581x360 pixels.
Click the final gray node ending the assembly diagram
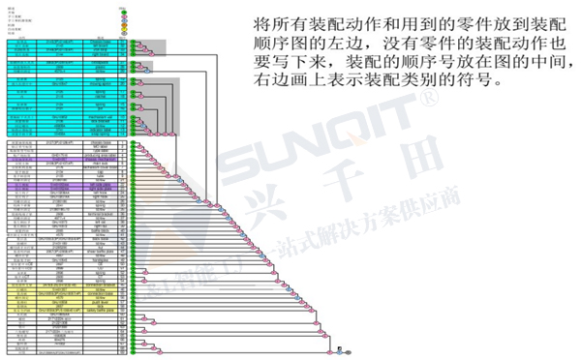click(x=349, y=352)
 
